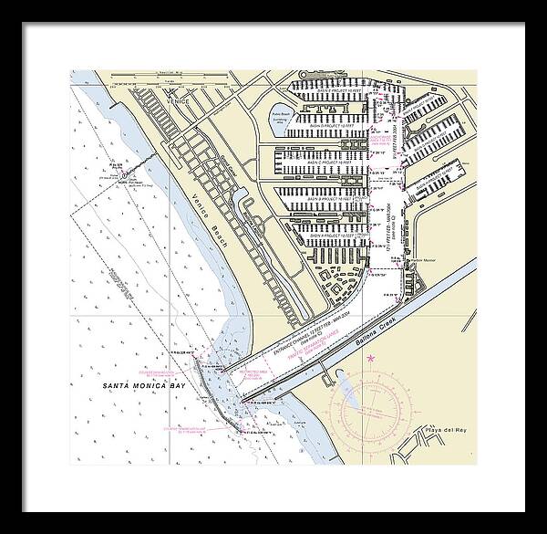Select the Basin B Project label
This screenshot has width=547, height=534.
328,197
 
